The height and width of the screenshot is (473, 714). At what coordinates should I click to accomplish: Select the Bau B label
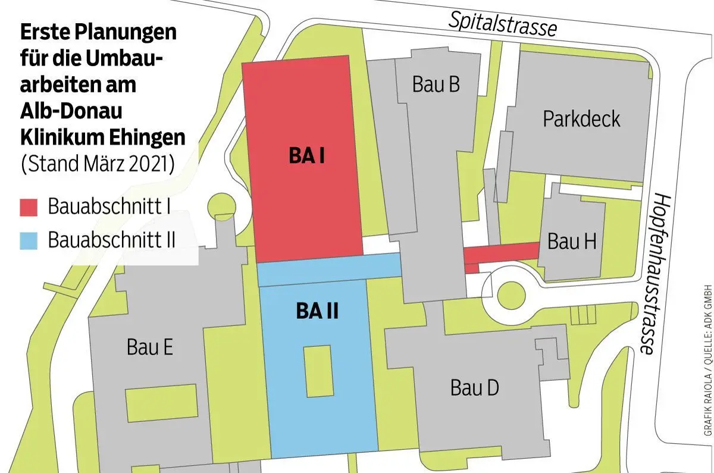436,85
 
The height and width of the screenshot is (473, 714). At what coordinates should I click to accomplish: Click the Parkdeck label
581,119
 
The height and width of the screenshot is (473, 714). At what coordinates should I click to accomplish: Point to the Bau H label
571,242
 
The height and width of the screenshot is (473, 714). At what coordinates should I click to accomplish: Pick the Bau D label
474,389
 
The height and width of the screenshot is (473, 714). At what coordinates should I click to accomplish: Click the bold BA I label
306,156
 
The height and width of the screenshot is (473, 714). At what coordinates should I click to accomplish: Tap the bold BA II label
317,311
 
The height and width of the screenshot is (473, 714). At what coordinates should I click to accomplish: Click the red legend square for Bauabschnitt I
29,208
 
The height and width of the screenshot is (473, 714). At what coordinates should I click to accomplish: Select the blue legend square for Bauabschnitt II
29,241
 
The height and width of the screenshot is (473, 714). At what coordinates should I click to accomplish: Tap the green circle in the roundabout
515,295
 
